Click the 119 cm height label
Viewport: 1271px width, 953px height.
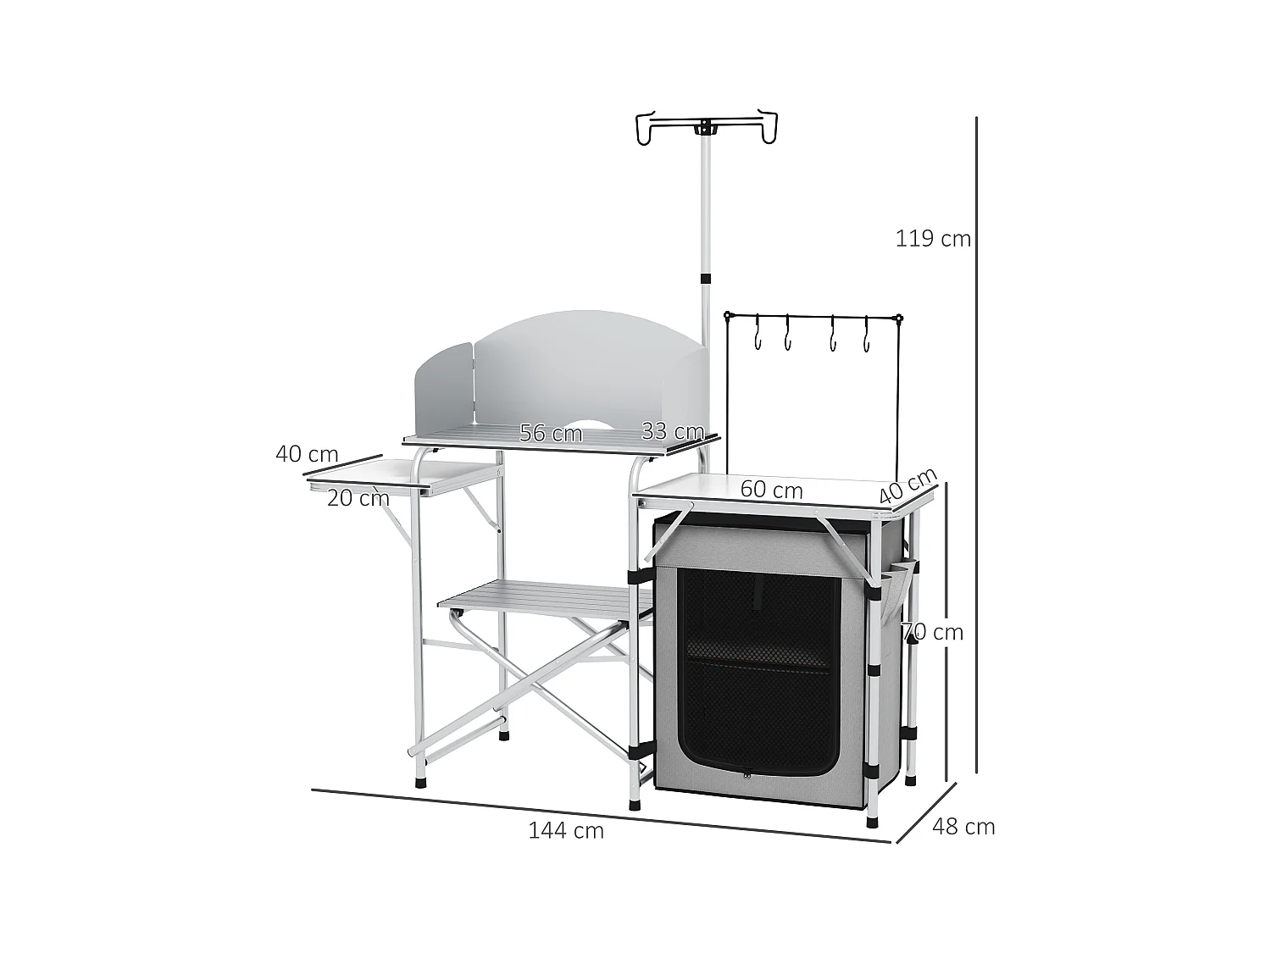click(x=933, y=239)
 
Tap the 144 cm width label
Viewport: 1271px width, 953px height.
click(x=566, y=830)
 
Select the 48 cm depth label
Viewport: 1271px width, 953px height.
click(x=963, y=826)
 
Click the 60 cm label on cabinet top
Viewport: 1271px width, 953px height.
click(x=771, y=490)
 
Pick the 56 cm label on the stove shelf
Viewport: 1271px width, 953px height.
click(x=551, y=434)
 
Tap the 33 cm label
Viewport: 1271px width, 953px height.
click(x=673, y=431)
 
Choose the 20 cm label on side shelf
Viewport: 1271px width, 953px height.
click(x=358, y=498)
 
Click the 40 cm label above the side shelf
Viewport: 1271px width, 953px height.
click(x=307, y=454)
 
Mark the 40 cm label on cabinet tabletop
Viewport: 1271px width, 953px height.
click(x=907, y=485)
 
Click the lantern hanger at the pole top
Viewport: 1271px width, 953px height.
click(x=705, y=128)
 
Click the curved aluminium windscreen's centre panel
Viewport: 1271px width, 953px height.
click(x=585, y=373)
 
